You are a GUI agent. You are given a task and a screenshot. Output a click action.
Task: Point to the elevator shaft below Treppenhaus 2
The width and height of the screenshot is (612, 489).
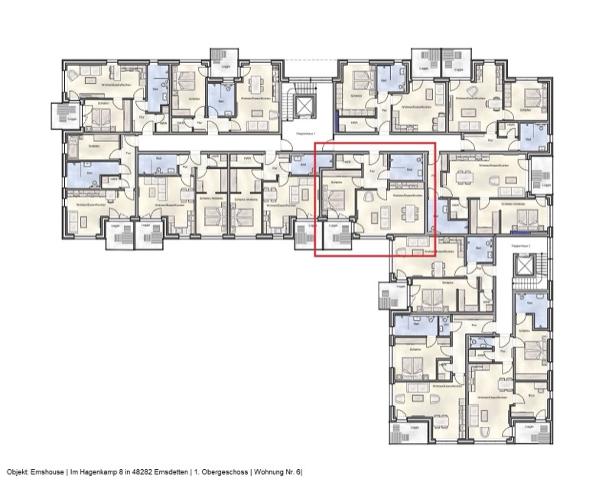[x=525, y=267]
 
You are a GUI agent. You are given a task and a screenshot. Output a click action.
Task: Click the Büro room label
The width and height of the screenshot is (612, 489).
[x=532, y=395]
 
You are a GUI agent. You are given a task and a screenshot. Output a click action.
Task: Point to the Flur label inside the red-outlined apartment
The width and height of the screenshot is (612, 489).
[x=373, y=172]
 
